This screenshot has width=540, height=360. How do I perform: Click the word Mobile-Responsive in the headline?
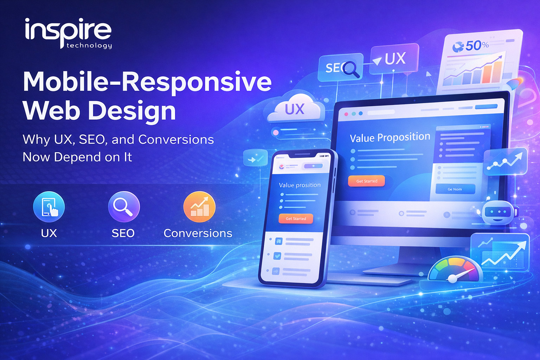click(147, 82)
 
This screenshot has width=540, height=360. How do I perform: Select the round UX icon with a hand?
click(49, 207)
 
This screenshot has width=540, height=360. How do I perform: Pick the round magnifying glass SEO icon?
click(124, 207)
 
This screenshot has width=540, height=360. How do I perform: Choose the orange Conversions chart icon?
click(199, 207)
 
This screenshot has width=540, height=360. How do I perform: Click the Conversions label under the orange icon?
click(198, 233)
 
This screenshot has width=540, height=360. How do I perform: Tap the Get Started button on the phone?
click(296, 219)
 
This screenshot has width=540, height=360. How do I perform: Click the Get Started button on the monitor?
click(367, 181)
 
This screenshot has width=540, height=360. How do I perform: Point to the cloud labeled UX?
click(295, 109)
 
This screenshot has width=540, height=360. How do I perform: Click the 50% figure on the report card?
click(476, 46)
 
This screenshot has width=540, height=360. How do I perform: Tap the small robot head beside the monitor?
click(499, 212)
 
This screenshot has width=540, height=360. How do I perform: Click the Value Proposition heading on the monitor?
click(390, 137)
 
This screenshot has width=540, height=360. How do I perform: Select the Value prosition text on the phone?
click(300, 185)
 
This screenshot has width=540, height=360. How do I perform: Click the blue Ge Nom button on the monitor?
click(455, 189)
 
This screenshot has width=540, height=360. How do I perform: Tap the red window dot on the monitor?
click(346, 114)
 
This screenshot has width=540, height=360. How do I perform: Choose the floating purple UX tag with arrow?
click(394, 59)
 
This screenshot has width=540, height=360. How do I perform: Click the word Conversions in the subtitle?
click(176, 140)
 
